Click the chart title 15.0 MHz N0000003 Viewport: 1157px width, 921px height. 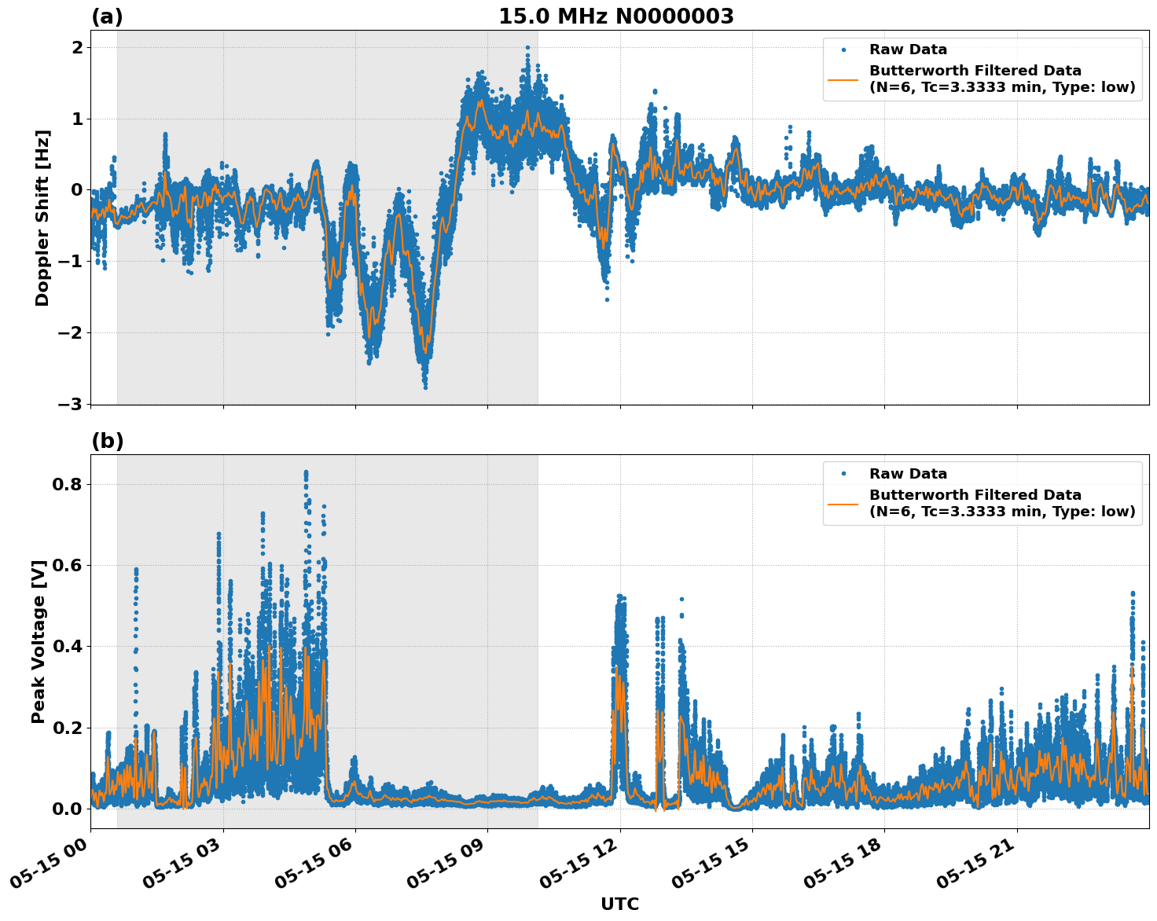tap(615, 17)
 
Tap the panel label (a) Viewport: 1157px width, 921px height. tap(107, 17)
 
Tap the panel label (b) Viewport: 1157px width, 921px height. tap(107, 441)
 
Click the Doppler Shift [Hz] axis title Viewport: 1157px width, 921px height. tap(42, 218)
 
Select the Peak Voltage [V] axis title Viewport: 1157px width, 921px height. tap(39, 641)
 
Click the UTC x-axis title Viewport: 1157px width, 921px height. tap(619, 904)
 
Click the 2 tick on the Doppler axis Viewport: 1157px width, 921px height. tap(77, 47)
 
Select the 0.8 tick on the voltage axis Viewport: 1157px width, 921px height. tap(67, 484)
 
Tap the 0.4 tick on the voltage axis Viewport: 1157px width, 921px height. tap(67, 647)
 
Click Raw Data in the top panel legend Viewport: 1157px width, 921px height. tap(908, 50)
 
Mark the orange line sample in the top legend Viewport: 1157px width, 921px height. tap(843, 79)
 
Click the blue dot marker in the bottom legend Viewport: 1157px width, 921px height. tap(843, 474)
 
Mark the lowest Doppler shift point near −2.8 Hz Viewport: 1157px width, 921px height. tap(425, 387)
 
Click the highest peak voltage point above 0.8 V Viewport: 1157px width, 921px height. tap(306, 472)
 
